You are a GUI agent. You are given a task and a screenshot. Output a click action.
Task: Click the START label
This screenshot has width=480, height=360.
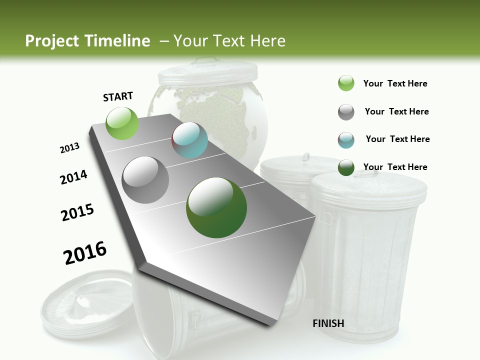coord(118,96)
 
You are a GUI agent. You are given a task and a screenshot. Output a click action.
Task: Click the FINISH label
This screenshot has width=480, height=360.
coord(328,323)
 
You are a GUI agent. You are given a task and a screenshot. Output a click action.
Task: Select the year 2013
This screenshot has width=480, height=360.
coord(69,148)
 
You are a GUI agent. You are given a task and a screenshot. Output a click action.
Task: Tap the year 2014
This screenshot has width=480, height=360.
coord(73,177)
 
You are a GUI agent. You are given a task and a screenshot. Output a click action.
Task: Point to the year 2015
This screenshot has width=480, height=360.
coord(77,212)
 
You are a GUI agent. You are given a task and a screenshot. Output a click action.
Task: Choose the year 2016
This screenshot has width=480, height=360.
coord(85,252)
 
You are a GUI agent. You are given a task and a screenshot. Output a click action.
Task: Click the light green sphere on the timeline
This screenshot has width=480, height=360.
coord(122,123)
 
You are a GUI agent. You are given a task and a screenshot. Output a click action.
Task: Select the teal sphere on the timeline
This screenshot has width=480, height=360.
coord(189,140)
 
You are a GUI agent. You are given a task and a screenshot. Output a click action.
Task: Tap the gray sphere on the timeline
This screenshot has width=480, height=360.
coord(145,179)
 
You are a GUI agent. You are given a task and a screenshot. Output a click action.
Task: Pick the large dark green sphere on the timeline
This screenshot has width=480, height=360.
coord(216,207)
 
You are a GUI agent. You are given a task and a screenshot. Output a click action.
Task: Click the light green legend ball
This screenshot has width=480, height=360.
coord(346,83)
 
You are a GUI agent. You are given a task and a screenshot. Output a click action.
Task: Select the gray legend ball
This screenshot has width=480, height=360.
coord(346,112)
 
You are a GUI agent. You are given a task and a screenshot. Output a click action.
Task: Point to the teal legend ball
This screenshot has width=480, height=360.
coord(346,140)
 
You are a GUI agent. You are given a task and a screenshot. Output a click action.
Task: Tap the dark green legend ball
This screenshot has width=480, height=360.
coord(346,167)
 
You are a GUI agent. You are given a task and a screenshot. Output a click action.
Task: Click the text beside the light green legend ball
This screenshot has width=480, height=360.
coord(395,83)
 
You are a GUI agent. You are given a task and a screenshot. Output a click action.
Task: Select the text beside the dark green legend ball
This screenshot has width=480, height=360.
coord(395,167)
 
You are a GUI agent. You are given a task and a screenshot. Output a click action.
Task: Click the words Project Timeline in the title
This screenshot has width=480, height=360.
coord(87,41)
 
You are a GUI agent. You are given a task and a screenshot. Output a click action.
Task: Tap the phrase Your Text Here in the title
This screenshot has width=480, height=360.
coord(229,41)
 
